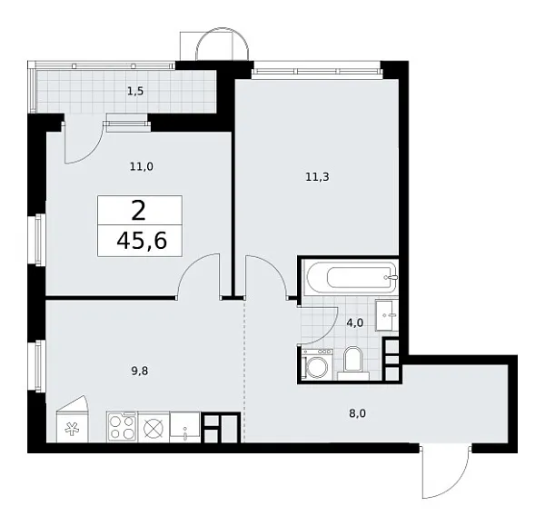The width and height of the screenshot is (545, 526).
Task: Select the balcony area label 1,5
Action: tap(134, 92)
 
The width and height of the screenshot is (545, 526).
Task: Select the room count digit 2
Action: tap(138, 212)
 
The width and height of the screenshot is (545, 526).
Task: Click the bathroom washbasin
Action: tap(389, 313)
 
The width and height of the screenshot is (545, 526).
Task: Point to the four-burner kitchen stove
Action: tap(122, 426)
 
